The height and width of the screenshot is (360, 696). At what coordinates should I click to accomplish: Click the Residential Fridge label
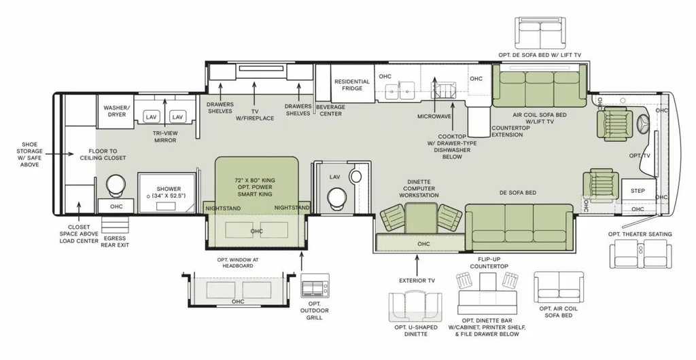coord(351,85)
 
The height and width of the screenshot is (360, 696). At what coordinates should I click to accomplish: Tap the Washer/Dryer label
coord(114,111)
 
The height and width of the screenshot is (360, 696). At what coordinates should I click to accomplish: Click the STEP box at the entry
coord(638,191)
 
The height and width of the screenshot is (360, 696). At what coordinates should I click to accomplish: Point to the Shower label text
coord(168,192)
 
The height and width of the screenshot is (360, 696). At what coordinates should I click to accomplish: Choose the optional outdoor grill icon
coord(315,285)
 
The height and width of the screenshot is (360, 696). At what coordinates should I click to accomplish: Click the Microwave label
coord(434,117)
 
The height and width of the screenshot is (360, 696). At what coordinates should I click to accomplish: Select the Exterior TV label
coord(417,281)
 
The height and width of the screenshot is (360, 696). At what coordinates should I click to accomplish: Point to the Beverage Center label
coord(330,111)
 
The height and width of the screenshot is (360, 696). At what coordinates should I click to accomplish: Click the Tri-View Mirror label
coord(165,137)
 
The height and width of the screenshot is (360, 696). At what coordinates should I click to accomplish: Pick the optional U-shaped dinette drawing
coord(417,307)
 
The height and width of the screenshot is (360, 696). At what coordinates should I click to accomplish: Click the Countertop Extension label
coord(510,131)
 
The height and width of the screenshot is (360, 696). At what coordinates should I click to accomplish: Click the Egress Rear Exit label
coord(115,241)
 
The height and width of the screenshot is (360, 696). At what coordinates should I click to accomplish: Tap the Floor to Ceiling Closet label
coord(103,154)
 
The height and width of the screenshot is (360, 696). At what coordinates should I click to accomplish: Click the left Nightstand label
coord(223,209)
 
